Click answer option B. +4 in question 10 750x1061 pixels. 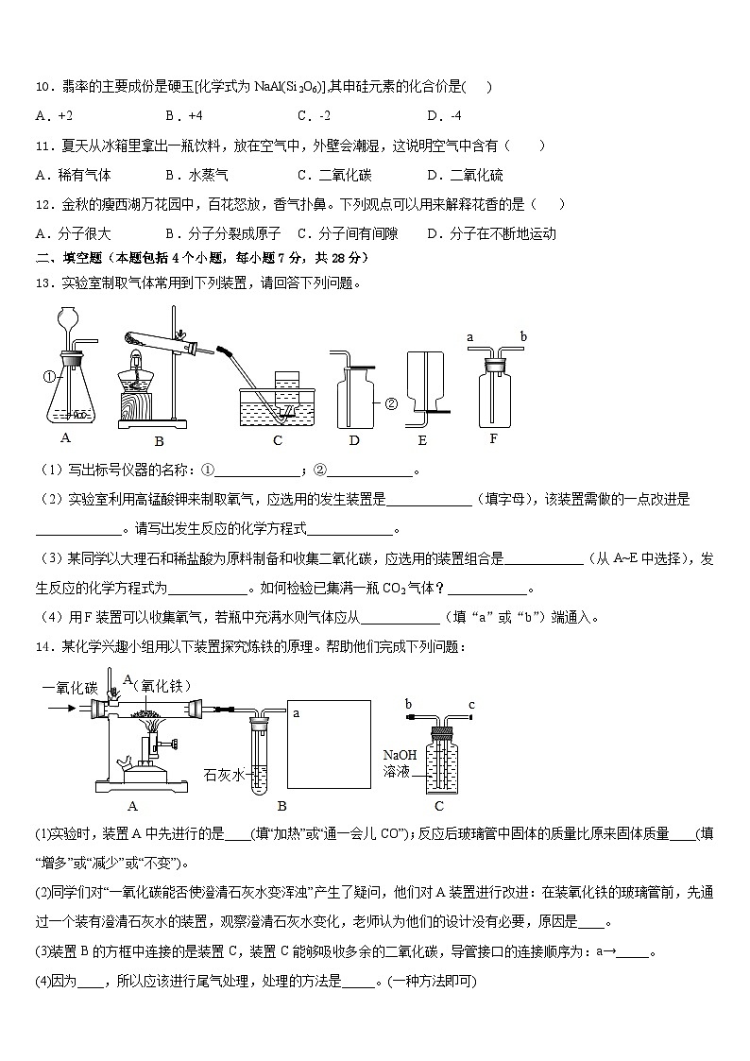tap(183, 116)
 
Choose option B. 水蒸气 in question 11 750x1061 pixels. tap(196, 175)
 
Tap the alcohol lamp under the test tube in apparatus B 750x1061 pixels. tap(135, 377)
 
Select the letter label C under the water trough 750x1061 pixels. tap(277, 439)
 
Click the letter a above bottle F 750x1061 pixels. tap(470, 335)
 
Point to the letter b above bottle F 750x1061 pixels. tap(523, 335)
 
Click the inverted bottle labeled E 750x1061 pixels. tap(424, 384)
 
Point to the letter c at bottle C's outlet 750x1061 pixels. tap(471, 704)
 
